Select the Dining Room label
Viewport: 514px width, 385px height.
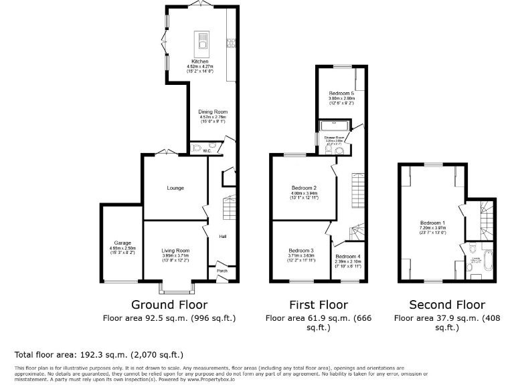point(213,112)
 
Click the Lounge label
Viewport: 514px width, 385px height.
point(175,188)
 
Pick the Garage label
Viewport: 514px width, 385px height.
point(121,243)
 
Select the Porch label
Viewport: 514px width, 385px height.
point(222,271)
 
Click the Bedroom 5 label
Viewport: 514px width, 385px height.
point(341,93)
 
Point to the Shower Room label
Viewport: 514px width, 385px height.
point(334,137)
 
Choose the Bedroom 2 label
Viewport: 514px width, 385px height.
point(304,188)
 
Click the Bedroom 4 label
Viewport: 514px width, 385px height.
point(348,257)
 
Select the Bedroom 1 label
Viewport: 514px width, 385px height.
point(432,223)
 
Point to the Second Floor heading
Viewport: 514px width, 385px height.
point(447,305)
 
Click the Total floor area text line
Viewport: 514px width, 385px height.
point(99,354)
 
